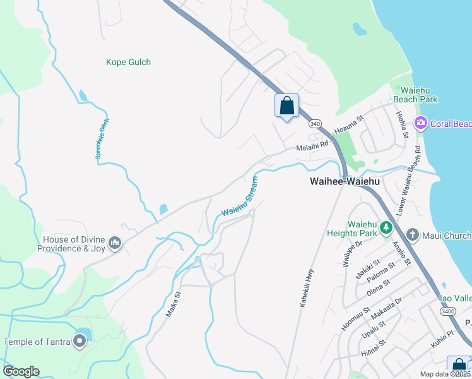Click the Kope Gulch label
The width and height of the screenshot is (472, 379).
[128, 63]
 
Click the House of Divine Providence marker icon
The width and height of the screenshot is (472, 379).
[114, 243]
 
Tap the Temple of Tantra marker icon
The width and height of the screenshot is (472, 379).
[80, 342]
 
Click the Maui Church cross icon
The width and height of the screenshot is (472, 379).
[412, 236]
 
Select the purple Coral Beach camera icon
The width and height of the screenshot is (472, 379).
[420, 123]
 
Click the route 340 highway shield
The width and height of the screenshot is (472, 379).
[316, 124]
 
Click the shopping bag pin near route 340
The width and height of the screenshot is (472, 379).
[286, 105]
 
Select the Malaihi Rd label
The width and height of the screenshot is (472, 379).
[313, 145]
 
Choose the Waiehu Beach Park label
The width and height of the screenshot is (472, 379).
[415, 95]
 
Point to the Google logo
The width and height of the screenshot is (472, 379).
[21, 371]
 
